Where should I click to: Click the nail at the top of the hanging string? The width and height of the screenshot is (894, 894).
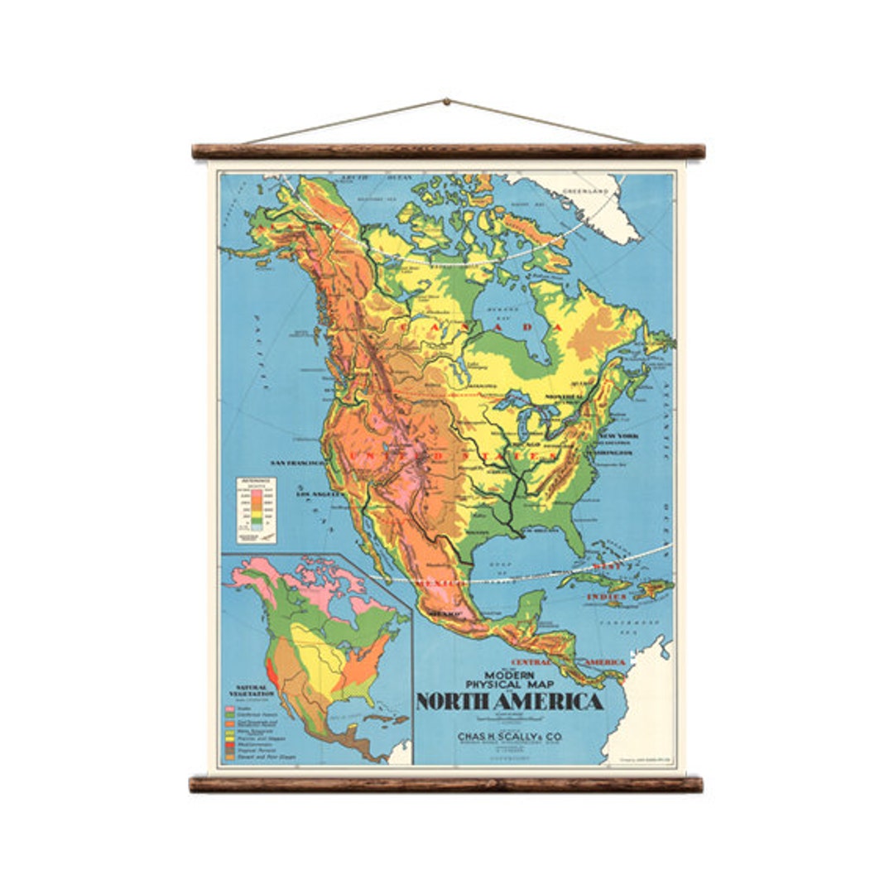(446, 102)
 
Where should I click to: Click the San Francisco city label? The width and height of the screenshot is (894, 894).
(296, 463)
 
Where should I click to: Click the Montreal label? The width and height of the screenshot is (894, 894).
(590, 397)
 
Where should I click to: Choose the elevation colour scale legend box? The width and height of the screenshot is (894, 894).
(257, 510)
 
